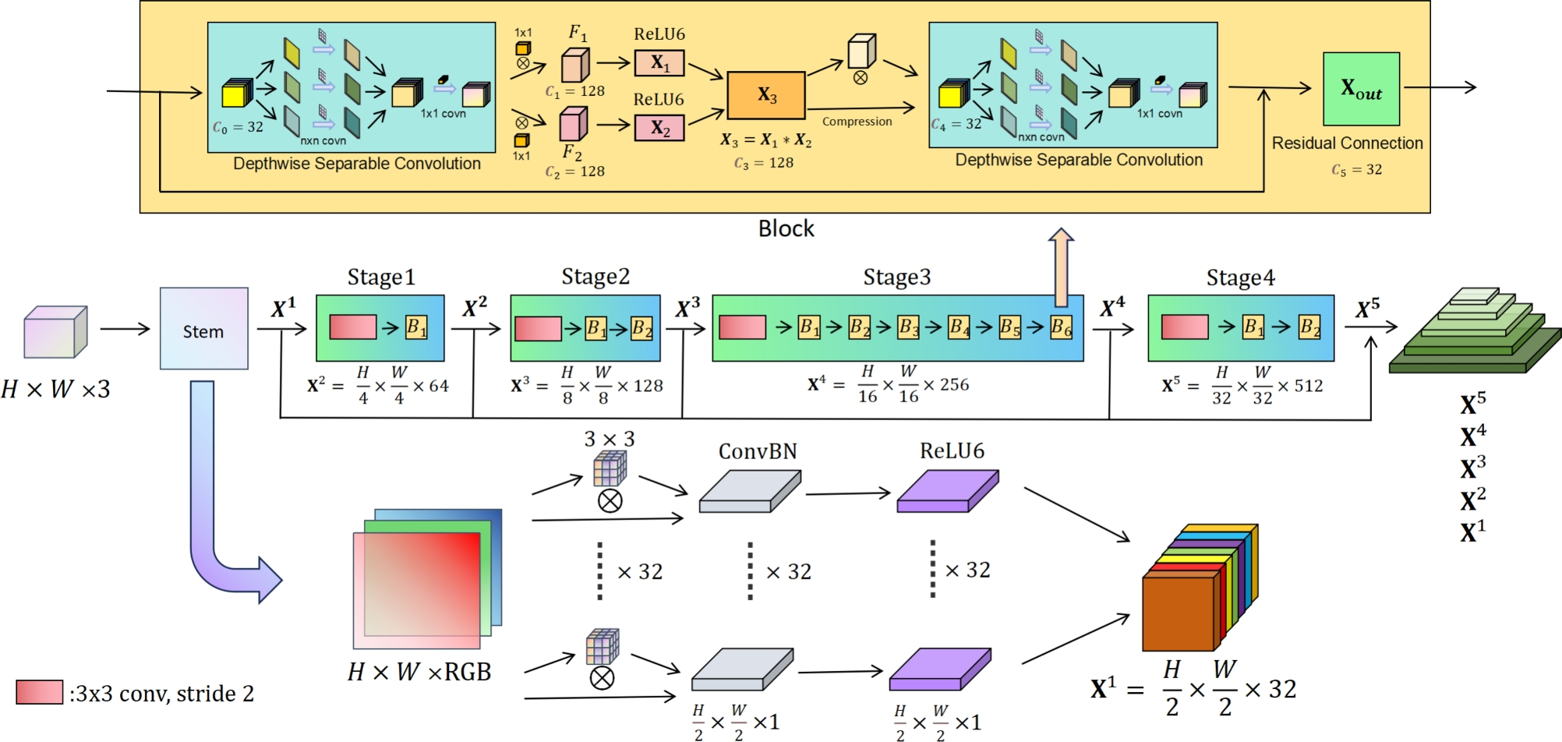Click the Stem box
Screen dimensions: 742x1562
click(x=203, y=329)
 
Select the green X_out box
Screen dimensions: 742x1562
click(x=1361, y=89)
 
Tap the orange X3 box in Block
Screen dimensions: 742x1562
click(x=766, y=95)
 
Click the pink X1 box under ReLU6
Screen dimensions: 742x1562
click(x=659, y=63)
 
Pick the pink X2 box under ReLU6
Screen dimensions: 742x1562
click(x=659, y=128)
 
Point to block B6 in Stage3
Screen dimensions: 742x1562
click(x=1061, y=327)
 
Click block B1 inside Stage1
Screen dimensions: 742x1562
click(x=416, y=327)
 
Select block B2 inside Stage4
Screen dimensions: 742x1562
click(x=1309, y=327)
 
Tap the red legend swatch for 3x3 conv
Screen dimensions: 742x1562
click(x=39, y=692)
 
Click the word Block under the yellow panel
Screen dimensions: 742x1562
click(x=786, y=229)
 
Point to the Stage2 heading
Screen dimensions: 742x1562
click(x=595, y=277)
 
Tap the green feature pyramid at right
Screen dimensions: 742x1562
click(x=1473, y=335)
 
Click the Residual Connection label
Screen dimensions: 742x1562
click(x=1347, y=143)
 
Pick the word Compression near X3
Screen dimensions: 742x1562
click(x=857, y=122)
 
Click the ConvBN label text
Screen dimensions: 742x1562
click(x=758, y=451)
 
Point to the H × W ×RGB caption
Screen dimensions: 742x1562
click(x=419, y=672)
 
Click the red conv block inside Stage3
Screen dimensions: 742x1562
click(x=742, y=327)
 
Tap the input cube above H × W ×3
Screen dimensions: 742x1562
click(x=55, y=332)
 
